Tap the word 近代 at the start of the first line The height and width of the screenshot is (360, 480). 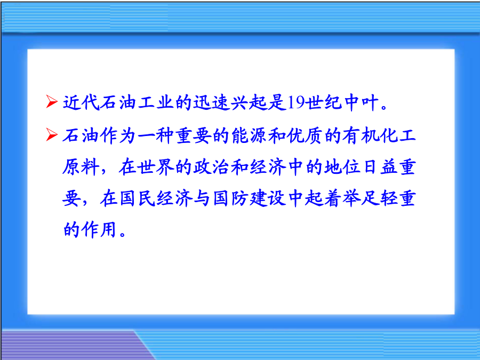click(x=82, y=102)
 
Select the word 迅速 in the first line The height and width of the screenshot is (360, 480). click(x=212, y=102)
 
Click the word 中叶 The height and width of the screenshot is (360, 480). click(x=362, y=102)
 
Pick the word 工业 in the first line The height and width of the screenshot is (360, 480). click(x=156, y=102)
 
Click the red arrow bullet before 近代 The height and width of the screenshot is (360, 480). click(x=52, y=102)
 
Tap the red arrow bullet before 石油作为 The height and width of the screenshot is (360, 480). click(x=52, y=135)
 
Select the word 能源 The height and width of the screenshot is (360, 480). click(x=249, y=135)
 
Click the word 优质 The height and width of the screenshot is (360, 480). click(x=305, y=135)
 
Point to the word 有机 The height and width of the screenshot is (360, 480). click(x=361, y=135)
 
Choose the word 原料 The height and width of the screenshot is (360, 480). click(x=81, y=167)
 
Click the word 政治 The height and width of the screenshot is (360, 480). click(x=212, y=167)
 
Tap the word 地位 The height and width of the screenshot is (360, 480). click(x=342, y=167)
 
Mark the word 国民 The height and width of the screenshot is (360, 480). click(x=137, y=198)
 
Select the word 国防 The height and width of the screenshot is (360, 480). click(x=230, y=198)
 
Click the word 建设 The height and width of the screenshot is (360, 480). click(x=268, y=198)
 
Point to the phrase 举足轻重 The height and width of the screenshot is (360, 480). click(x=379, y=198)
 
